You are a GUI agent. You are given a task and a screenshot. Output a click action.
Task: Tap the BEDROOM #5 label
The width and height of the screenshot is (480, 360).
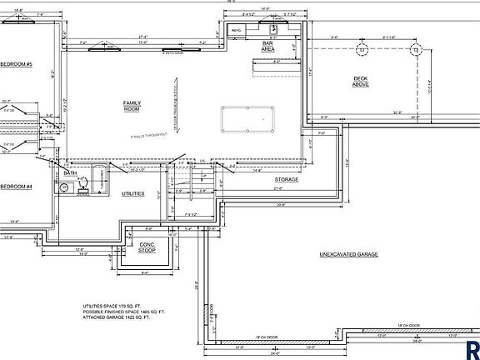tap(15, 64)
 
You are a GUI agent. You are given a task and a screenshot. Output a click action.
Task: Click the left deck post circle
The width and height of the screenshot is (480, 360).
tap(362, 50)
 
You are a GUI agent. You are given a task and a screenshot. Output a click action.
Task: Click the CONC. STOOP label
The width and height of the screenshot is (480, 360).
tap(147, 247)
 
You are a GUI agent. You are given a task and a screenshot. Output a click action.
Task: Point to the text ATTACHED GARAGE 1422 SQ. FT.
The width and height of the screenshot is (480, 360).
tap(117, 317)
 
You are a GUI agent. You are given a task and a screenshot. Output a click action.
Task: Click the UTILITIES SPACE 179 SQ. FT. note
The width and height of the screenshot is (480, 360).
tap(113, 306)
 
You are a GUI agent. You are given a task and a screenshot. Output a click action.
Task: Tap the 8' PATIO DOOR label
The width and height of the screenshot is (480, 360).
tap(151, 52)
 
